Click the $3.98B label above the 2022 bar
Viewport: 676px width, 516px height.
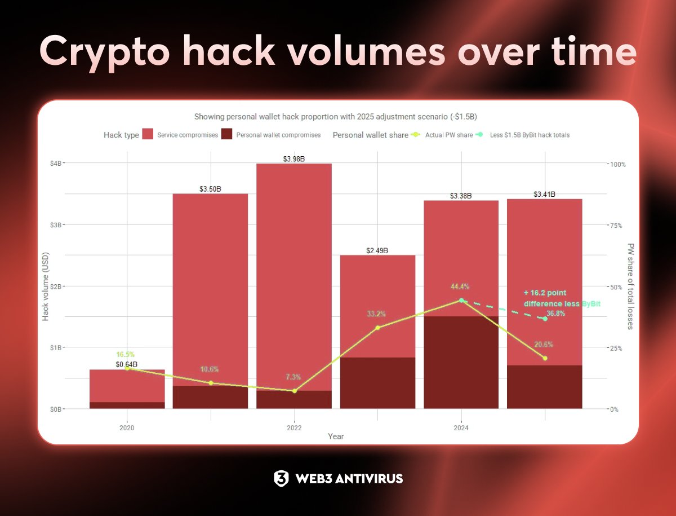pyautogui.click(x=293, y=159)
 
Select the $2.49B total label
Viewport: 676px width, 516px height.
pyautogui.click(x=377, y=250)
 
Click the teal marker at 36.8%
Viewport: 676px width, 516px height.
pyautogui.click(x=545, y=319)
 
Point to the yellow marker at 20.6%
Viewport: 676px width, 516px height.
pyautogui.click(x=545, y=358)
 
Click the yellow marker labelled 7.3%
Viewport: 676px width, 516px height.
pyautogui.click(x=294, y=391)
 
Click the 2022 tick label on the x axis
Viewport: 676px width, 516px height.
pyautogui.click(x=294, y=428)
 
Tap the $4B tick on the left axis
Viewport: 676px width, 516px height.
pyautogui.click(x=57, y=163)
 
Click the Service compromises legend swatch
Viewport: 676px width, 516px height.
pyautogui.click(x=148, y=135)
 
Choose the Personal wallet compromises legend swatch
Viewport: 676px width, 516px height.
pyautogui.click(x=226, y=135)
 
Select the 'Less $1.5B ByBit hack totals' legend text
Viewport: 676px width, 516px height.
pyautogui.click(x=529, y=135)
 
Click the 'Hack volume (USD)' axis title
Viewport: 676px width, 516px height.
pyautogui.click(x=46, y=286)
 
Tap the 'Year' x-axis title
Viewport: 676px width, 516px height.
pyautogui.click(x=336, y=436)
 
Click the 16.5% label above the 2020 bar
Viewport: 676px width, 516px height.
pyautogui.click(x=125, y=355)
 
